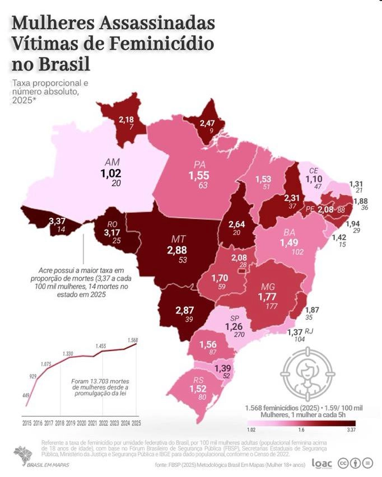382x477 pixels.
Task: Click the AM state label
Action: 110,162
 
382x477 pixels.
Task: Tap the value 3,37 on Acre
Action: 57,221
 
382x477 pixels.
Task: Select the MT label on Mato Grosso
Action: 179,240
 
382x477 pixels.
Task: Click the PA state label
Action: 198,165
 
